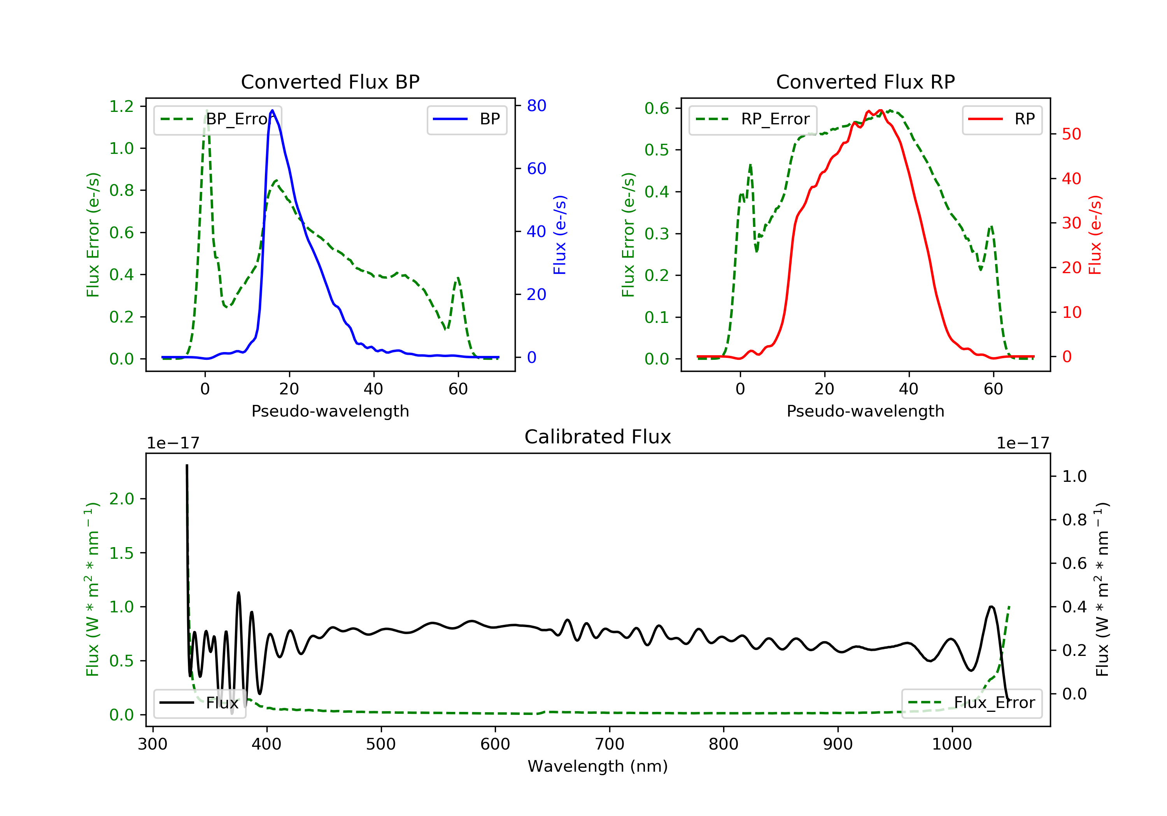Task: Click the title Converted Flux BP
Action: pos(330,82)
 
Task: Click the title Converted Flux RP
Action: pos(865,82)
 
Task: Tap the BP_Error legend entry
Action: pos(217,119)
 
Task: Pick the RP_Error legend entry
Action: pos(753,119)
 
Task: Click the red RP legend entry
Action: pos(1002,119)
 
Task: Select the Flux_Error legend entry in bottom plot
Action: pos(971,703)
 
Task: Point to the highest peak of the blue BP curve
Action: pos(272,110)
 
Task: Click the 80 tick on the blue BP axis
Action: pos(536,106)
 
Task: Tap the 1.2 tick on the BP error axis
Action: pos(121,106)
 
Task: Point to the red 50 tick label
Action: pos(1071,134)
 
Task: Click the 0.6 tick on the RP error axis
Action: pos(657,108)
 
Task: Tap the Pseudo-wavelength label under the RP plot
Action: pos(865,411)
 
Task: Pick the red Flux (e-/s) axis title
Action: pos(1095,235)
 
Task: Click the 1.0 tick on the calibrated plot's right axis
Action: pos(1074,476)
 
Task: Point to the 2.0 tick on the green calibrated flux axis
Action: pos(121,499)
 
